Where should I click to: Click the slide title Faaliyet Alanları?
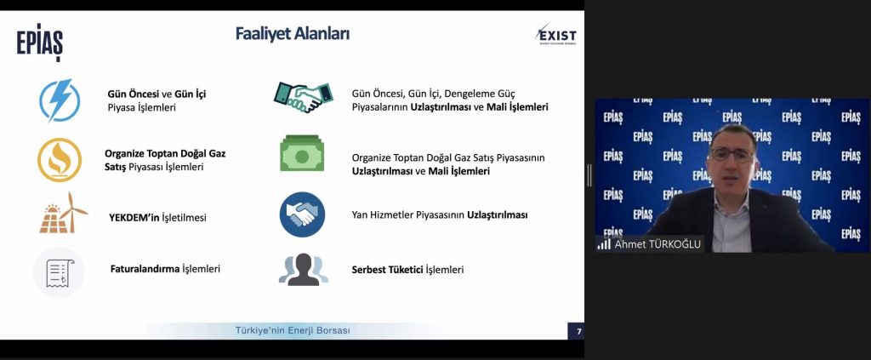tap(293, 34)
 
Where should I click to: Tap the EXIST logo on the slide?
tap(556, 34)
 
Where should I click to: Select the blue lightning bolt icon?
tap(60, 100)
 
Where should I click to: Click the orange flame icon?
tap(60, 160)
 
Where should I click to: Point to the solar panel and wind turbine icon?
tap(63, 213)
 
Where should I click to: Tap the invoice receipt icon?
tap(59, 273)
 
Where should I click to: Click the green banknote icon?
tap(302, 153)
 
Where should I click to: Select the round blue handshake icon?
tap(302, 214)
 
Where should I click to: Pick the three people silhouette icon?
tap(304, 270)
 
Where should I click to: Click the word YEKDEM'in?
tap(134, 217)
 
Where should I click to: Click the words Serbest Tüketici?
tap(387, 270)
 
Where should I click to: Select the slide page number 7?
tap(578, 332)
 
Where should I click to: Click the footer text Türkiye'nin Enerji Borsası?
tap(293, 330)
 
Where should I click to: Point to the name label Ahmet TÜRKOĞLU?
tap(658, 244)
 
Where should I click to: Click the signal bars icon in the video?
tap(604, 244)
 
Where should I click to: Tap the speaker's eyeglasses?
tap(732, 154)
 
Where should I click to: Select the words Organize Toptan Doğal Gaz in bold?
tap(165, 153)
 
